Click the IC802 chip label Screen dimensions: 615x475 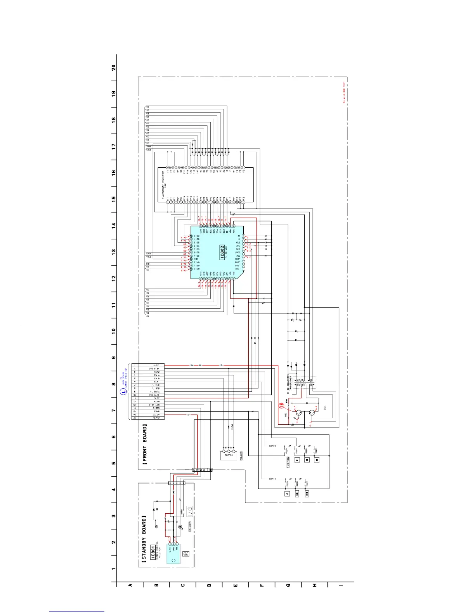(x=222, y=252)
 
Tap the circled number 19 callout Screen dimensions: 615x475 (x=282, y=407)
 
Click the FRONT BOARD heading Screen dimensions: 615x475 (x=144, y=445)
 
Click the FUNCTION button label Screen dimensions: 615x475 (x=288, y=463)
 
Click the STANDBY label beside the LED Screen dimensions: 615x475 (x=189, y=527)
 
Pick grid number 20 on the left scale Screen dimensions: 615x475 (x=114, y=67)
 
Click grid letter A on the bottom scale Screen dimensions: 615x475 (x=130, y=585)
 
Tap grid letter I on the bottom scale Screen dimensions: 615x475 (x=341, y=585)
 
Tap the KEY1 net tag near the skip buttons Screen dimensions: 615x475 (x=272, y=479)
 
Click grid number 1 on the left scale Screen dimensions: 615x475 (x=114, y=569)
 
